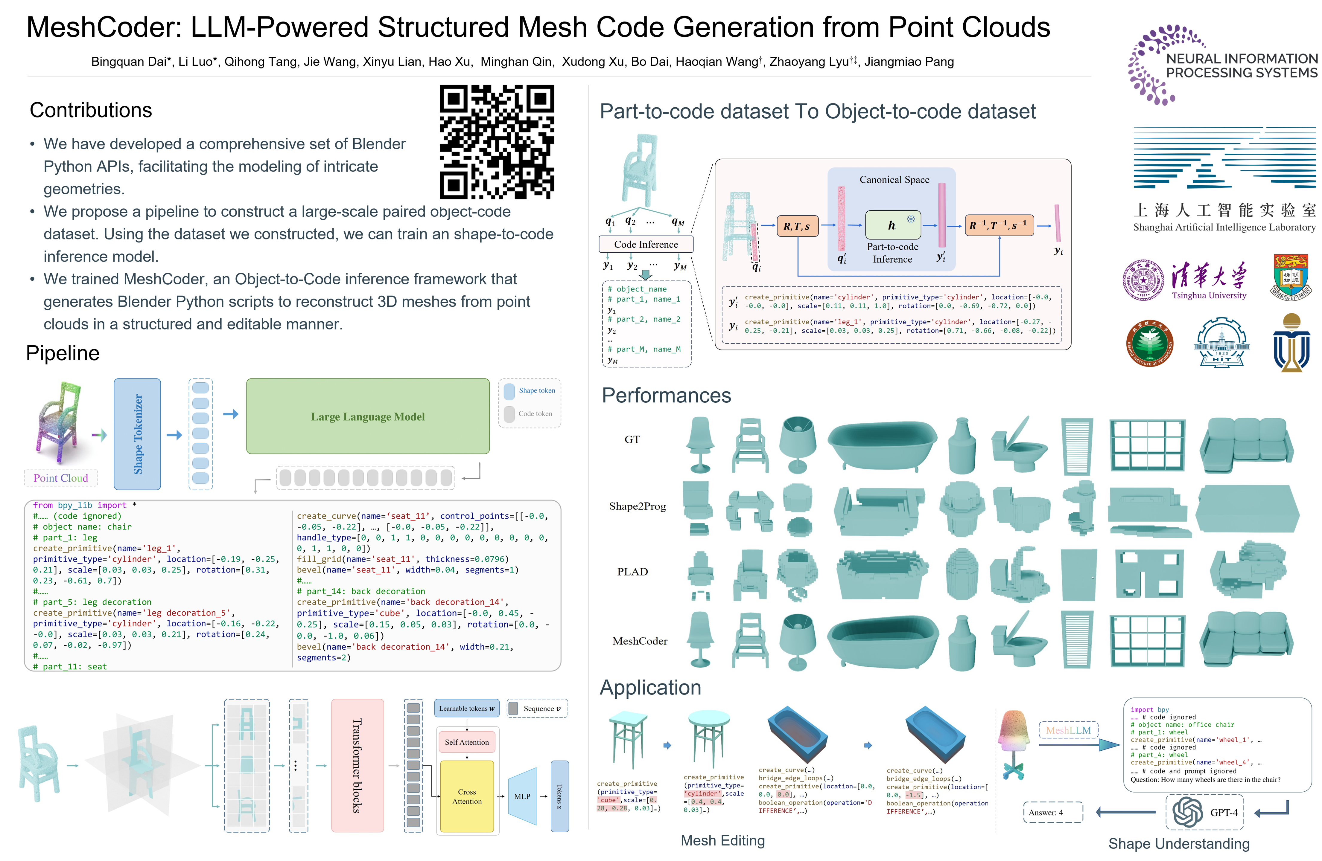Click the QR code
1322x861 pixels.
[497, 142]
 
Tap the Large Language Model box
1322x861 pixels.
[368, 416]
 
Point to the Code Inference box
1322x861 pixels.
[646, 244]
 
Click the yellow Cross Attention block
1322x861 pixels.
[467, 796]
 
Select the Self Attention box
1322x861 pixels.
[467, 742]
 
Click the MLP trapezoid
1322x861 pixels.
[522, 796]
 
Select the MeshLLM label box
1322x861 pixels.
[1068, 730]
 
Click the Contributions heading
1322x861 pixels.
[91, 110]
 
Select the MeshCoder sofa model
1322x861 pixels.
[1246, 638]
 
